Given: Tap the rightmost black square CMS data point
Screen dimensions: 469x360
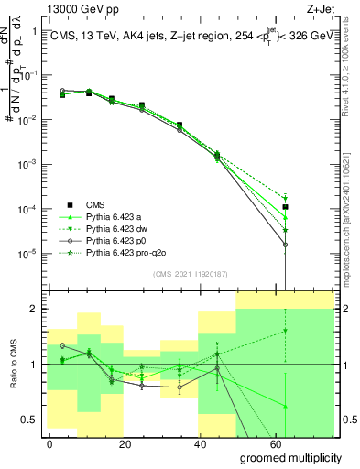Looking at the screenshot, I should [x=286, y=207].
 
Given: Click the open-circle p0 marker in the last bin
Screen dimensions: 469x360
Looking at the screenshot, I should [x=286, y=245].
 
